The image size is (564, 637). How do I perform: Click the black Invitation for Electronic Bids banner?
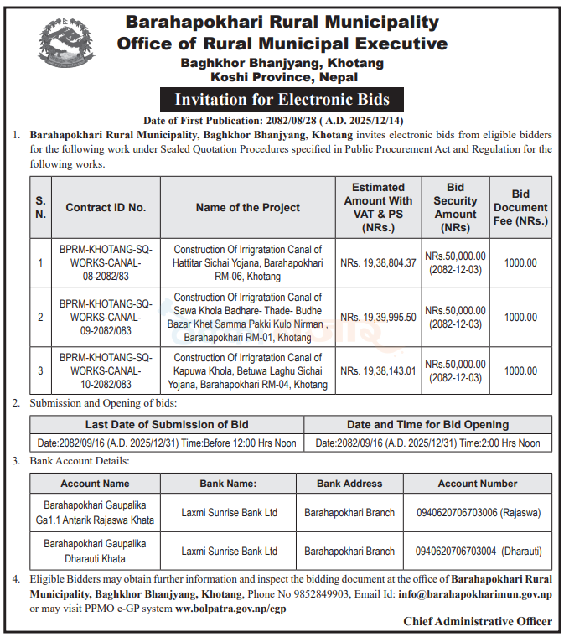pos(282,100)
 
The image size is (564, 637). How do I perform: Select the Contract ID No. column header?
pos(106,207)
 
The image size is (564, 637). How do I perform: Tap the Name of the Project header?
pos(248,207)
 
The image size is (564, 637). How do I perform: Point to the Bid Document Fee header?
pos(520,207)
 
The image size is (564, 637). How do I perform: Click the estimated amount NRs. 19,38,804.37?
pos(378,262)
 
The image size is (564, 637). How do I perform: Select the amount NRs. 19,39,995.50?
pos(378,317)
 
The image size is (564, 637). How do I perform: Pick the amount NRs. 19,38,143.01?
pos(378,370)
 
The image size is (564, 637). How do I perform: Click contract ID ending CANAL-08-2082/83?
pos(106,262)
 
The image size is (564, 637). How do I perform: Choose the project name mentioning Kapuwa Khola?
pos(248,370)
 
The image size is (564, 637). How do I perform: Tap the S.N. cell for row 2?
pos(40,317)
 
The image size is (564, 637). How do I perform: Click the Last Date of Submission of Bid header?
pos(167,424)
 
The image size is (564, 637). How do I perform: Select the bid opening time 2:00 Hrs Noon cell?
pos(428,443)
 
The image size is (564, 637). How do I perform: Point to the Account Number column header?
pos(478,484)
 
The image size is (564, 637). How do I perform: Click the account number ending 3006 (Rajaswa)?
pos(478,512)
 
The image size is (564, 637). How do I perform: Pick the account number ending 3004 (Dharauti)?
pos(478,551)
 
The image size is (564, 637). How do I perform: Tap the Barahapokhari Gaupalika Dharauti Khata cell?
pos(95,551)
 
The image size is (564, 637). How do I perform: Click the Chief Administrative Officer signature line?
pos(478,621)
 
